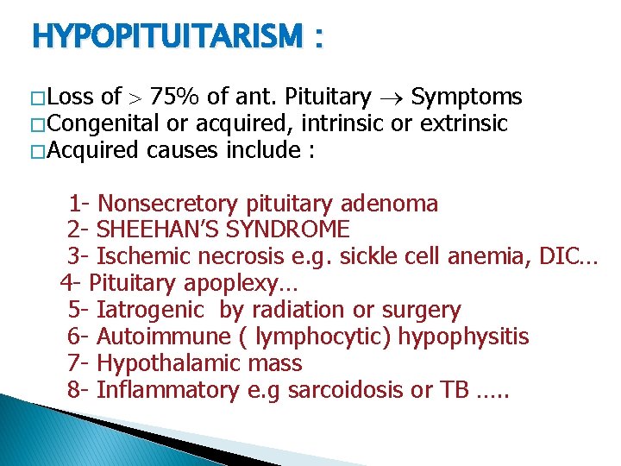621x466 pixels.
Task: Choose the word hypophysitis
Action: [463, 337]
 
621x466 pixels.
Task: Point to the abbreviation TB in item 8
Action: [452, 390]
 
